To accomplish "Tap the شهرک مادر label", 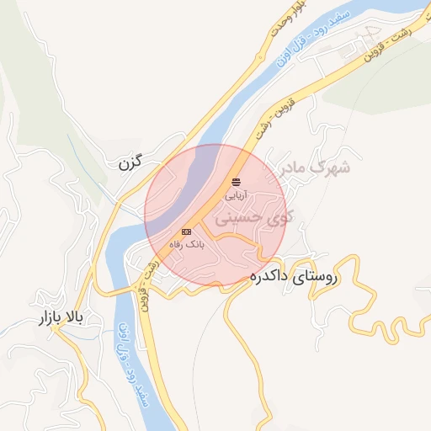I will click(311, 168).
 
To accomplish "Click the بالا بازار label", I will click(63, 319).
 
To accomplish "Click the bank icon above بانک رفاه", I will click(186, 231).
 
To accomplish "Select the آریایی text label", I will click(235, 194).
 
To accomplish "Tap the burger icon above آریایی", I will click(235, 181).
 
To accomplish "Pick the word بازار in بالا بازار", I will click(50, 319).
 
